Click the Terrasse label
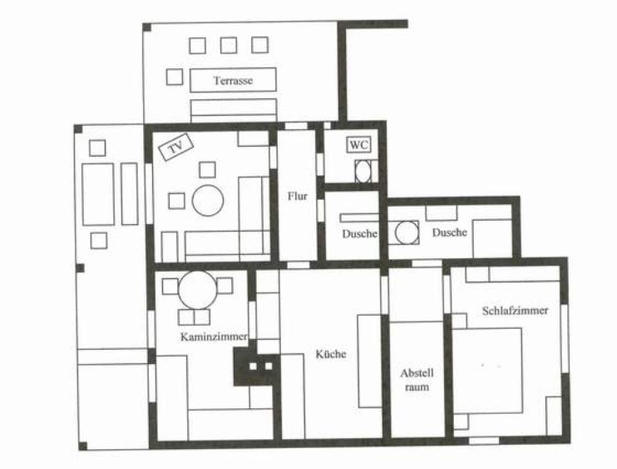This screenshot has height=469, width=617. [233, 81]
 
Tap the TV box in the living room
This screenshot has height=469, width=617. [176, 147]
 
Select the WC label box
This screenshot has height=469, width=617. [359, 145]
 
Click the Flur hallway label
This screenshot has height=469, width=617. [297, 196]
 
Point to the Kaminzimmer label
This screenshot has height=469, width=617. [214, 337]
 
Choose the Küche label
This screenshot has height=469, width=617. [331, 353]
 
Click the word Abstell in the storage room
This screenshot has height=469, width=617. [417, 373]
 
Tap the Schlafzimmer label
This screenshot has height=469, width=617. [515, 310]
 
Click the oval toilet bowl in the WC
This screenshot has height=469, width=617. [363, 171]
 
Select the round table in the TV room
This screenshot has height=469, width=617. [208, 200]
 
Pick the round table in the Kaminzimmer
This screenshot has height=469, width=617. [198, 290]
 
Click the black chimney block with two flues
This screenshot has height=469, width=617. [257, 367]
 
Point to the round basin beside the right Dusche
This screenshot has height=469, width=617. [407, 232]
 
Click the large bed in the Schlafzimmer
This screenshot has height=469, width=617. [487, 371]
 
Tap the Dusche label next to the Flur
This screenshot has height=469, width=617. [360, 234]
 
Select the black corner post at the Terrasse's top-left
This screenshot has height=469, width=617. [147, 27]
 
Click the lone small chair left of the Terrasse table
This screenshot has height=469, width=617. [175, 77]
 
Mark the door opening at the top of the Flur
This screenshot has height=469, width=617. [296, 126]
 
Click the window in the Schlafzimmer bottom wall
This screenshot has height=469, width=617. [484, 440]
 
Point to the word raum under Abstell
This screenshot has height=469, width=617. [417, 387]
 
